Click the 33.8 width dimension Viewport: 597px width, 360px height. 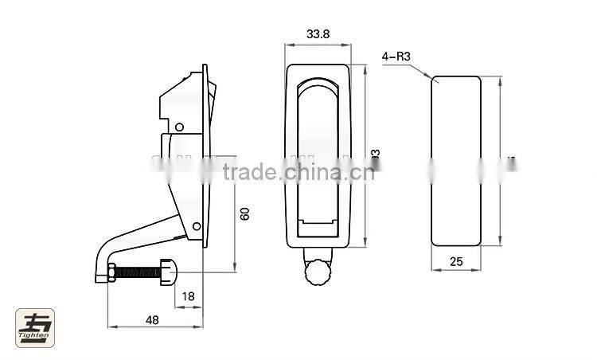[317, 34]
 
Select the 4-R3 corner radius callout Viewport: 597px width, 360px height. [396, 57]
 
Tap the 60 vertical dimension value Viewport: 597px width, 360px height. [245, 213]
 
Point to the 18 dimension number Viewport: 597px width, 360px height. [188, 296]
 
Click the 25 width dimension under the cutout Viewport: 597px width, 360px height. [455, 260]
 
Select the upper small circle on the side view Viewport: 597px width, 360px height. [180, 127]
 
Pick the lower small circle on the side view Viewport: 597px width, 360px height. [196, 226]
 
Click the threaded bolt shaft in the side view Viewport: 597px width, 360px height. [139, 272]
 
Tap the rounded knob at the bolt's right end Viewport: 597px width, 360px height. [168, 272]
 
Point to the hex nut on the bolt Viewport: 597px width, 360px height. [111, 272]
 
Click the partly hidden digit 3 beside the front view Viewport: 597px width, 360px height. [376, 153]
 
